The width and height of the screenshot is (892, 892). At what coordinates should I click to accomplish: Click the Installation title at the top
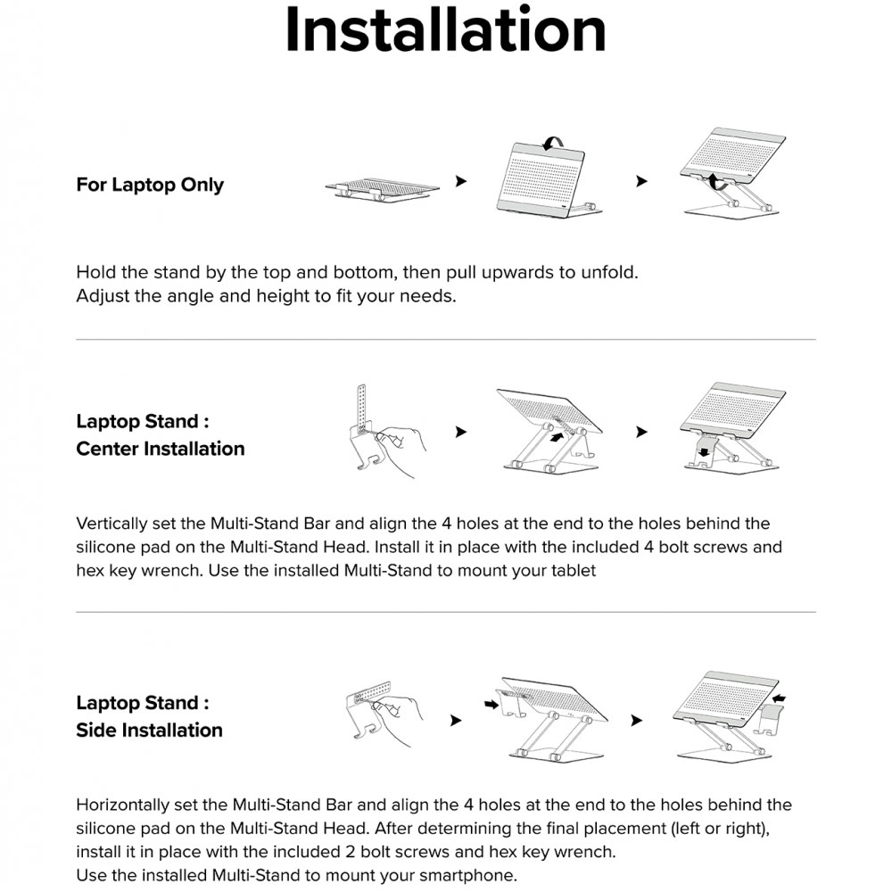click(445, 30)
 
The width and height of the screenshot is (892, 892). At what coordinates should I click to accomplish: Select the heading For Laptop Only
click(150, 186)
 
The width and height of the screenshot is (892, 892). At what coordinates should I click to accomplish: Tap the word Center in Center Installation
click(107, 449)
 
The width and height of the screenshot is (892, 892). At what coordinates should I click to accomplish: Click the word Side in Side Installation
click(96, 731)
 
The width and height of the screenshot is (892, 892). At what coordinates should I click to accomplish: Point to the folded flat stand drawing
click(383, 188)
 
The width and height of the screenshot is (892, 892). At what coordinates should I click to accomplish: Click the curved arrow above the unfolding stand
click(554, 140)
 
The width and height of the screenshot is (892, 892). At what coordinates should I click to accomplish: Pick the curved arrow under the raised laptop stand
click(714, 183)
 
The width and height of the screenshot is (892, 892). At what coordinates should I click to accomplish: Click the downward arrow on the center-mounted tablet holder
click(705, 452)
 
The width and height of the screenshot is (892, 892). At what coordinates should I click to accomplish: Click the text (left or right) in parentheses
click(713, 828)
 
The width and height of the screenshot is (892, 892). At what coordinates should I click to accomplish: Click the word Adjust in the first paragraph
click(103, 296)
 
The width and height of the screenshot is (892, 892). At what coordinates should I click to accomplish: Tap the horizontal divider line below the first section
click(446, 340)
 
